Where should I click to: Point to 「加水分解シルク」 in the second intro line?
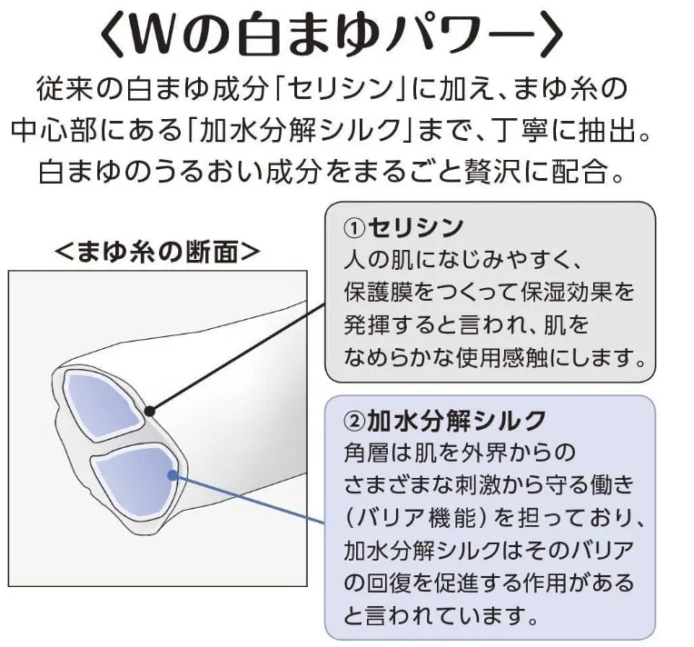tap(323, 131)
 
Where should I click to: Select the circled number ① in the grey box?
tap(353, 227)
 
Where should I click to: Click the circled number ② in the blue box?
tap(353, 420)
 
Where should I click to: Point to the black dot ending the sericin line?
tap(150, 410)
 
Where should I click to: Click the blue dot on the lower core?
tap(173, 473)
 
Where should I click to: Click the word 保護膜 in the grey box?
tap(377, 293)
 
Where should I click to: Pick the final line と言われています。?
tap(435, 615)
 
